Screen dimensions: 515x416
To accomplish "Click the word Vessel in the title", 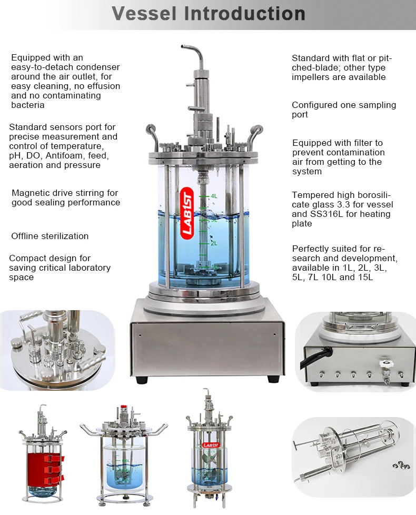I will pos(144,14).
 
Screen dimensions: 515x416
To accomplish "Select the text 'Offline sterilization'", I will pos(50,236).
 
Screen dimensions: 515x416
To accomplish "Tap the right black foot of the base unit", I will pos(272,379).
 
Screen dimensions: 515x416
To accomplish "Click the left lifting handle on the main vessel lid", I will pos(152,135).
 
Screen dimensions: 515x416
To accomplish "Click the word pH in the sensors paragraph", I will pos(15,156).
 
